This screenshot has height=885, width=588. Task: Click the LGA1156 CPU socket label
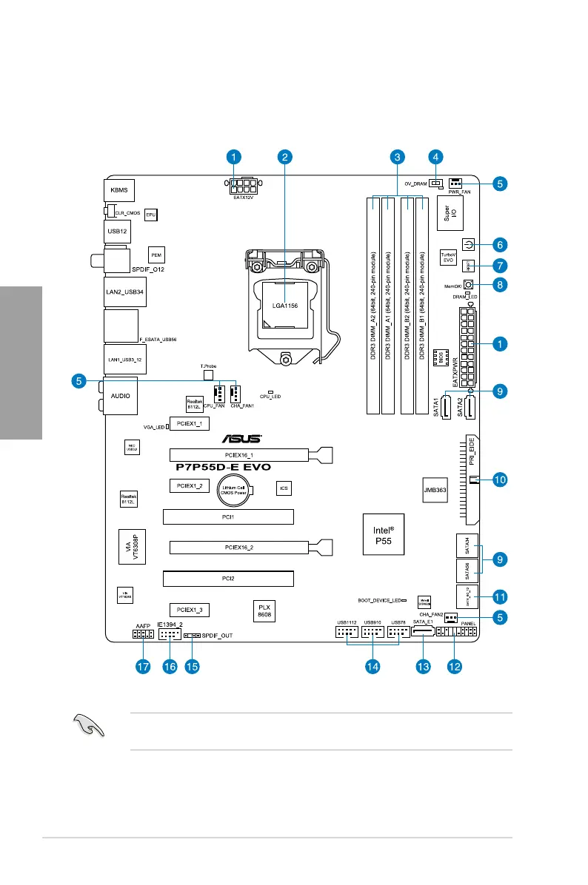(x=285, y=305)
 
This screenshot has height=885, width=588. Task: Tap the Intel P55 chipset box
(x=382, y=535)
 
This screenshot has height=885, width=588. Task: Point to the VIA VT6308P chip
(x=130, y=548)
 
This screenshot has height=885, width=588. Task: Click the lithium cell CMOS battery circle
(x=235, y=488)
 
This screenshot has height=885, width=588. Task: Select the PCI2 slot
(x=227, y=577)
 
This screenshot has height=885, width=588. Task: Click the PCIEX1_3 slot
(x=190, y=610)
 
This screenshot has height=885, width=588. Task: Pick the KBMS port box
(x=118, y=190)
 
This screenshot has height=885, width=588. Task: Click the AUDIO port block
(x=120, y=396)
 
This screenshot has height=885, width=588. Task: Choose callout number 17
(x=142, y=667)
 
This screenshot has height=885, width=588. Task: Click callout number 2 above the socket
(x=286, y=157)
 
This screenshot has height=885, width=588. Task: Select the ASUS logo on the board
(x=238, y=437)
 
